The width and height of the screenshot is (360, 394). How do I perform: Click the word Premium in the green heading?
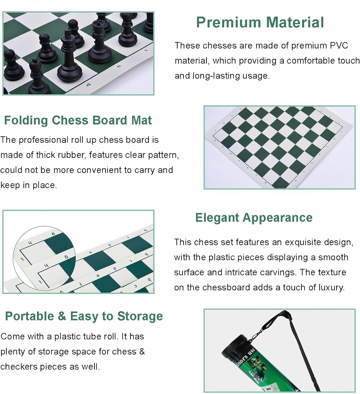[x=229, y=22]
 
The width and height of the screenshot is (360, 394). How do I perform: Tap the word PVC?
[x=339, y=45]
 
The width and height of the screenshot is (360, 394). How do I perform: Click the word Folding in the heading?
[x=26, y=120]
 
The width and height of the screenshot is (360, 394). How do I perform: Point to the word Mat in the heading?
[x=141, y=120]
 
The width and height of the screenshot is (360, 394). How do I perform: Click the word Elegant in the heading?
[x=217, y=218]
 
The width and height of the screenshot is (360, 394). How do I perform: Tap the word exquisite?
[x=303, y=242]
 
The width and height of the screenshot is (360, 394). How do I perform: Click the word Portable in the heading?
[x=29, y=316]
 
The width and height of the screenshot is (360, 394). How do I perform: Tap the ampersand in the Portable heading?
[x=62, y=316]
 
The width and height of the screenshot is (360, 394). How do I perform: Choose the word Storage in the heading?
[x=140, y=317]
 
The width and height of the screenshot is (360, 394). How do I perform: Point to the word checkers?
[x=19, y=367]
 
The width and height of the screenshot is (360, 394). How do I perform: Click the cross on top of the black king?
[x=68, y=34]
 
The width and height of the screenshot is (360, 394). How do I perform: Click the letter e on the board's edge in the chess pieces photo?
[x=119, y=66]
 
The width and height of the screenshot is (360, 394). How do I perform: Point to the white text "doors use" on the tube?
[x=246, y=356]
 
